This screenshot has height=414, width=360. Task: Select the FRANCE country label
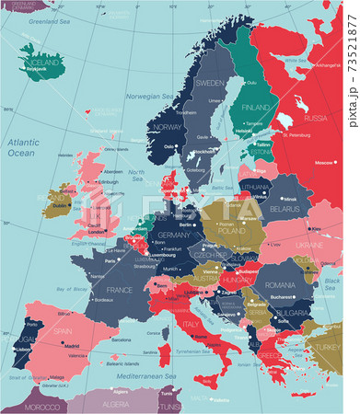click(120, 290)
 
